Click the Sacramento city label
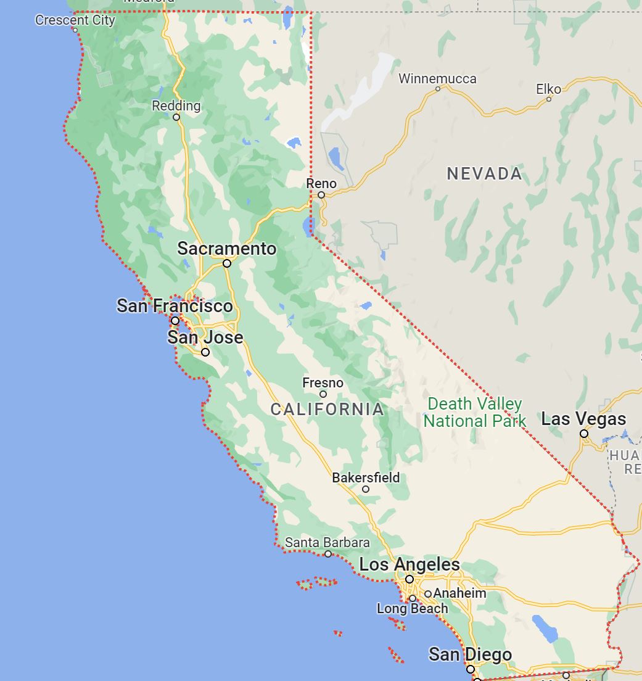tap(227, 249)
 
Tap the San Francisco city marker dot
tap(175, 321)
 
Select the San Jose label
tap(205, 337)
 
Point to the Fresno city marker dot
tap(323, 394)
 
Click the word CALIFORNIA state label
tap(327, 409)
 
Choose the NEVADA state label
tap(484, 174)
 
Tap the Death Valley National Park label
tap(475, 413)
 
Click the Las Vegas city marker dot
tap(584, 434)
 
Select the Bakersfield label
tap(366, 477)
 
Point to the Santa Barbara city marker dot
tap(328, 554)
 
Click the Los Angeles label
tap(409, 564)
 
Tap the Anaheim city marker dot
tap(428, 594)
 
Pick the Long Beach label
tap(413, 609)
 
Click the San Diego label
tap(471, 654)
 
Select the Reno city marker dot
tap(321, 195)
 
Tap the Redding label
tap(176, 105)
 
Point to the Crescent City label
tap(75, 20)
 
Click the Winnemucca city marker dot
tap(438, 88)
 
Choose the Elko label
tap(549, 89)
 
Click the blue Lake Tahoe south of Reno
tap(307, 226)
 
